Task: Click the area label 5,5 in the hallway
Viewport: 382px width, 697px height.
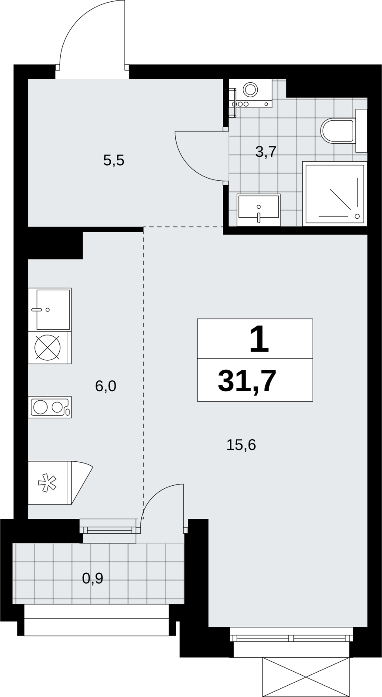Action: (x=114, y=161)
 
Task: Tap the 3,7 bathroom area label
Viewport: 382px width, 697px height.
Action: (x=266, y=152)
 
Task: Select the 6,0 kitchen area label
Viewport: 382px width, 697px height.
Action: (x=106, y=386)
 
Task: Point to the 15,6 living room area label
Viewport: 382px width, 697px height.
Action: (x=241, y=445)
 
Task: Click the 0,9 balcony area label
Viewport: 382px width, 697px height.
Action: (x=92, y=579)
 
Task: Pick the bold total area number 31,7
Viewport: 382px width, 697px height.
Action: (x=247, y=382)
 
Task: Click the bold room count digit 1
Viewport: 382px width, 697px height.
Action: (x=259, y=339)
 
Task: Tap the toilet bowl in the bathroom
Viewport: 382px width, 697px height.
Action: (x=338, y=131)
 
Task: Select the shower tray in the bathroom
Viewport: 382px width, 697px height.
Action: (x=334, y=194)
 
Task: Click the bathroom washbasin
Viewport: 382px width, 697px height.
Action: (x=259, y=210)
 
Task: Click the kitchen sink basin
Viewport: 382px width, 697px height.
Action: (x=53, y=309)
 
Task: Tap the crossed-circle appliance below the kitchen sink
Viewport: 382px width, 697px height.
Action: (x=48, y=348)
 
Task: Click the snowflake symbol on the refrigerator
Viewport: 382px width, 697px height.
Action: (x=47, y=483)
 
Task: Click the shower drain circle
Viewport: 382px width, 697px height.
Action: (x=357, y=216)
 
